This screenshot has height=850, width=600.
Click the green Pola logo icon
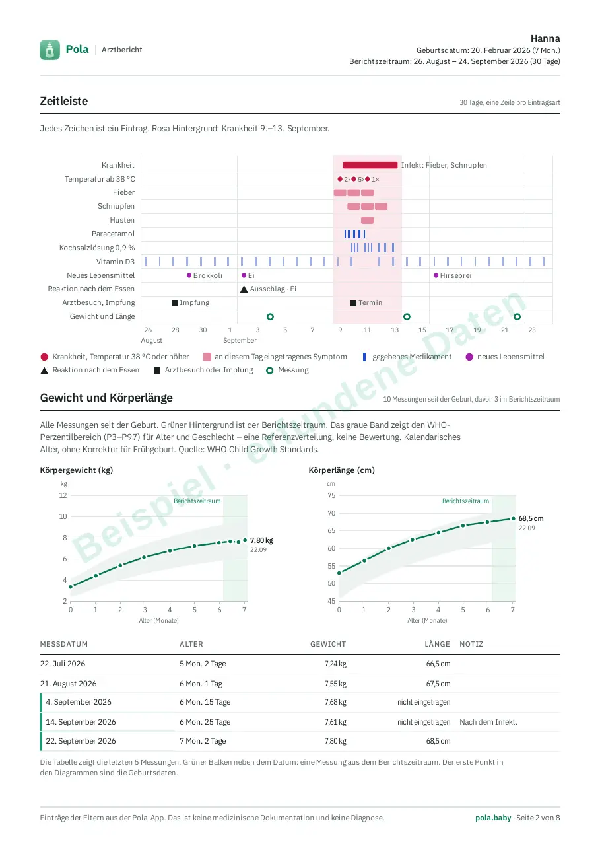50,50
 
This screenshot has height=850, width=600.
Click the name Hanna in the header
545,38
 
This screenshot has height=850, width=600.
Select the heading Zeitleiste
64,101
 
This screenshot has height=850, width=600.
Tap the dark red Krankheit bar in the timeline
370,165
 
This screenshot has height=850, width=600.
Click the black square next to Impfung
174,302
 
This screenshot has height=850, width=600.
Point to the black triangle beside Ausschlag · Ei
244,289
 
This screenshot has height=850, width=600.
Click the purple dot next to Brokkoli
189,275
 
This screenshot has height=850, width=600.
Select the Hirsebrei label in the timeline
455,275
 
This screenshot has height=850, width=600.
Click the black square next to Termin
353,302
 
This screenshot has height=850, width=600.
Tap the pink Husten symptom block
367,221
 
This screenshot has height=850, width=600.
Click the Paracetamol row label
113,234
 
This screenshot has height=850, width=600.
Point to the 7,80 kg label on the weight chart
261,540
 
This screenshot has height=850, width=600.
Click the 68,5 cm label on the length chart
531,518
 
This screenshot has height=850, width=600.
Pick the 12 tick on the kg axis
63,495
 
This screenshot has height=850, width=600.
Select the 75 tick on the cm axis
331,495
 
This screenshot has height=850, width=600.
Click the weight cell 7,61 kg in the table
335,722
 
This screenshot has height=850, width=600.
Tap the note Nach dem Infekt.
488,722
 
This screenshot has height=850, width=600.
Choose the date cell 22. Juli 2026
63,664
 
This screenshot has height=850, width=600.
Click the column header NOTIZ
471,644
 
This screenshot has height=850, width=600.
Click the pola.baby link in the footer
493,818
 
